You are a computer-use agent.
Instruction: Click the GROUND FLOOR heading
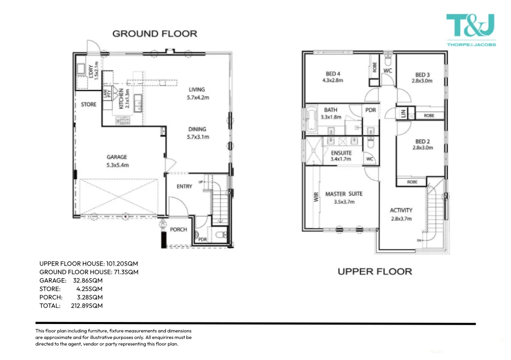155,34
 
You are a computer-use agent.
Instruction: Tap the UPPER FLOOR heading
374,271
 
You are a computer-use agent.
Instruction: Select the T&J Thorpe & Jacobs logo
471,31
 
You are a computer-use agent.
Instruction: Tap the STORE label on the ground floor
88,105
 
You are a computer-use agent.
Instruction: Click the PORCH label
179,230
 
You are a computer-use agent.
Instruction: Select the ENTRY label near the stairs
184,186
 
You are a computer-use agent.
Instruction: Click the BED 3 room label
422,78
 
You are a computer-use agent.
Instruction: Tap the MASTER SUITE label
344,198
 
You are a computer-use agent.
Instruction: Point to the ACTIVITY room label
401,214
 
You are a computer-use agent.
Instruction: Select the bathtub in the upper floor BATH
312,121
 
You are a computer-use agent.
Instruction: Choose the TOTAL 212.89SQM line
71,306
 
